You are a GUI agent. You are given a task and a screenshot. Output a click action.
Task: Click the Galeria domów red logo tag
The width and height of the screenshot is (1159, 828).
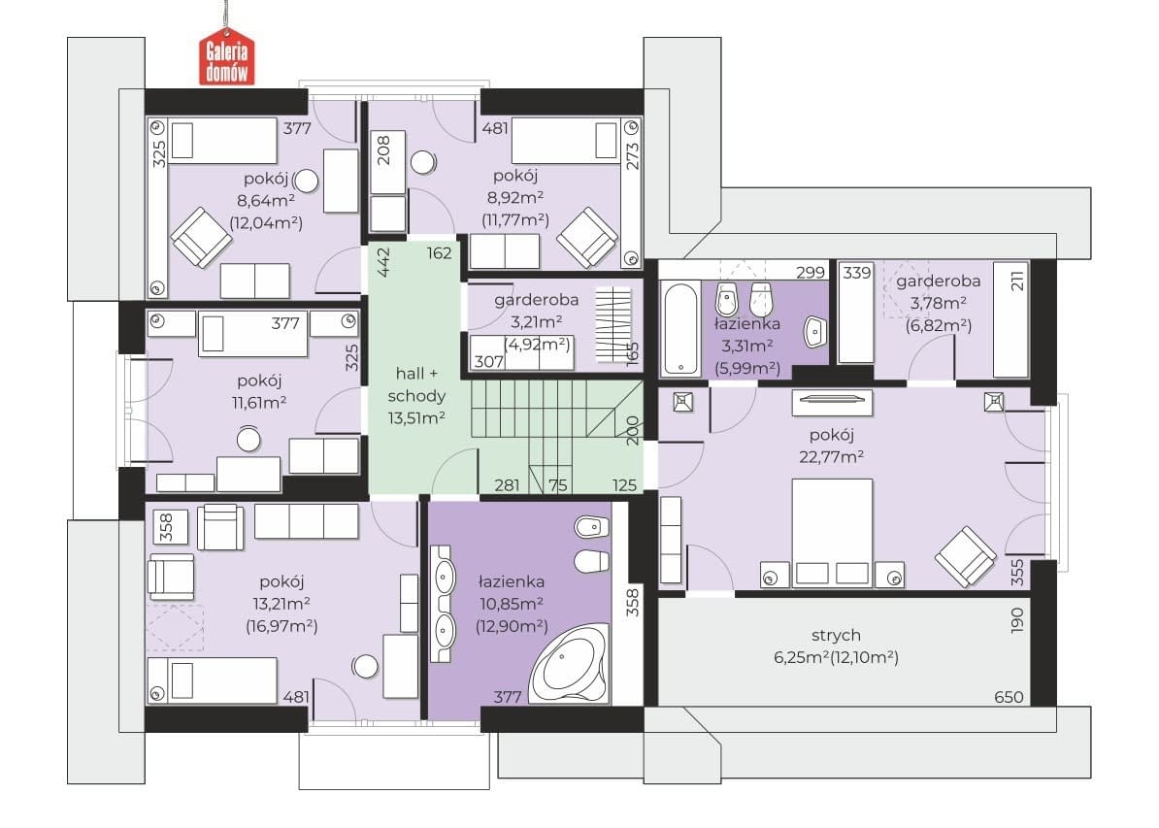pyautogui.click(x=226, y=56)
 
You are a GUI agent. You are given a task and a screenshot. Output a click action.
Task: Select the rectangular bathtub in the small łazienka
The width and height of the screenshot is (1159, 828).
pyautogui.click(x=679, y=328)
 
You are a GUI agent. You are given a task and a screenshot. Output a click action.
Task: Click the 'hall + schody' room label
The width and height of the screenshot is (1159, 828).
pyautogui.click(x=416, y=384)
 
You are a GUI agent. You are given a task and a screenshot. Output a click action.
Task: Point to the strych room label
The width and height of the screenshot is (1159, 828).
pyautogui.click(x=836, y=635)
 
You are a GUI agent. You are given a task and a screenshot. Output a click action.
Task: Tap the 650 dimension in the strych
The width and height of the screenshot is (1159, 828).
pyautogui.click(x=1009, y=696)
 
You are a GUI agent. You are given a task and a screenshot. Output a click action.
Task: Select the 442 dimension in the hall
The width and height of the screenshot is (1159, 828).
pyautogui.click(x=383, y=262)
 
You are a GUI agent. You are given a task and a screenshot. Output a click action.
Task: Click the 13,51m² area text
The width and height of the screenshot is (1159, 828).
pyautogui.click(x=416, y=417)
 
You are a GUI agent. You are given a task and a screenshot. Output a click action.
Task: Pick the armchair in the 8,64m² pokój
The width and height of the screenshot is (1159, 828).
pyautogui.click(x=200, y=237)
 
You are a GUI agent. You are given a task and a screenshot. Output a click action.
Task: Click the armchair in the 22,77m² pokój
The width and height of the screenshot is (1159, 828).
pyautogui.click(x=965, y=556)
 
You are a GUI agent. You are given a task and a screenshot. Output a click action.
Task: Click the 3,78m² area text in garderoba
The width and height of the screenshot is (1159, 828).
pyautogui.click(x=938, y=303)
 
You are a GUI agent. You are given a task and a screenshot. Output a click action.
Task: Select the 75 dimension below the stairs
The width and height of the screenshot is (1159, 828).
pyautogui.click(x=558, y=485)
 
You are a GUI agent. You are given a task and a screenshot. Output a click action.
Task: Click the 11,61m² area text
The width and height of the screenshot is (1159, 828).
pyautogui.click(x=259, y=403)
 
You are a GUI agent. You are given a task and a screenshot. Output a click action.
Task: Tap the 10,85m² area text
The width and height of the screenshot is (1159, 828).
pyautogui.click(x=512, y=604)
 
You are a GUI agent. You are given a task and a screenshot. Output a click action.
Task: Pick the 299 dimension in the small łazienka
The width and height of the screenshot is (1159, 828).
pyautogui.click(x=811, y=272)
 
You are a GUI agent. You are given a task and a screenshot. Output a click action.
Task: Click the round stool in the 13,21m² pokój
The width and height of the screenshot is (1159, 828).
pyautogui.click(x=365, y=666)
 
